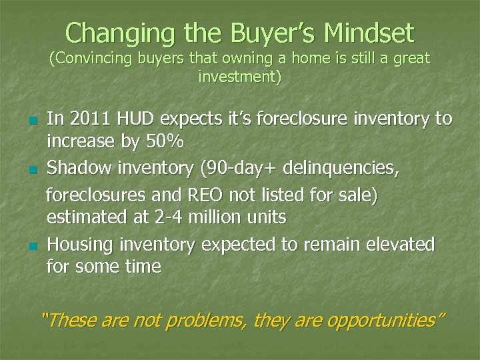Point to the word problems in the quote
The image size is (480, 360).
(203, 320)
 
